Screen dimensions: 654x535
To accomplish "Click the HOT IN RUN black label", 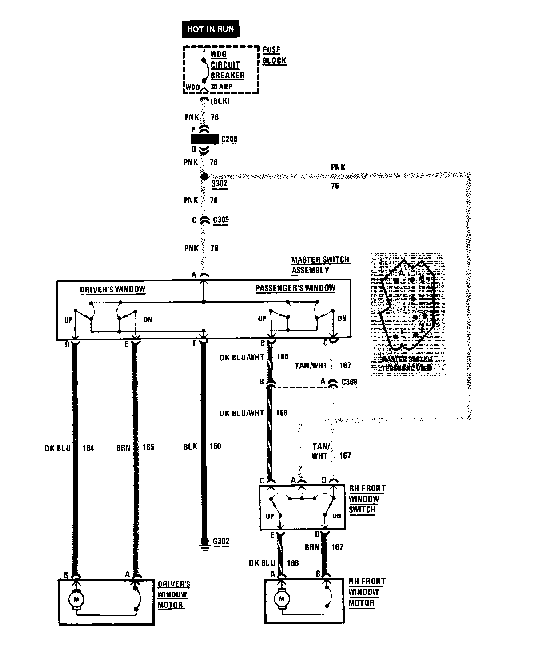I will pyautogui.click(x=210, y=29).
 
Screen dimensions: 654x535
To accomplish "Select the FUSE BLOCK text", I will pyautogui.click(x=274, y=56).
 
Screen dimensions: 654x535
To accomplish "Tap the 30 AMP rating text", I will pyautogui.click(x=221, y=87).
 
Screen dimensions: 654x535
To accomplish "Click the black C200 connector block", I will pyautogui.click(x=205, y=139).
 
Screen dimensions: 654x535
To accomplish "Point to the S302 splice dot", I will pyautogui.click(x=204, y=176).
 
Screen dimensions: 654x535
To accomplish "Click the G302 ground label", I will pyautogui.click(x=221, y=541).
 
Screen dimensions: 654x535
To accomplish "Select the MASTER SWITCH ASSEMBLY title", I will pyautogui.click(x=320, y=265).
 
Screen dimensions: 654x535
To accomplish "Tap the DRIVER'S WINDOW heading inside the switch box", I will pyautogui.click(x=112, y=289).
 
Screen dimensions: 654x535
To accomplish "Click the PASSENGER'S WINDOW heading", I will pyautogui.click(x=295, y=288).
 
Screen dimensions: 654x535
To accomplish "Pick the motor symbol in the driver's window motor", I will pyautogui.click(x=76, y=600).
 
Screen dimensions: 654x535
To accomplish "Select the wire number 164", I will pyautogui.click(x=88, y=448).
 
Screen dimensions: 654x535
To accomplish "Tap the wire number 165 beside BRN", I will pyautogui.click(x=148, y=447).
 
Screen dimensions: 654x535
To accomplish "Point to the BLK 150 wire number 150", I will pyautogui.click(x=215, y=447).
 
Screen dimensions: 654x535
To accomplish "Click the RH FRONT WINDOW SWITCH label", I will pyautogui.click(x=367, y=498).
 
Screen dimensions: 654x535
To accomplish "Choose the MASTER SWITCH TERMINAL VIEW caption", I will pyautogui.click(x=408, y=364).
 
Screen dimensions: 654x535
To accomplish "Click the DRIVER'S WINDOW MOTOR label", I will pyautogui.click(x=174, y=594).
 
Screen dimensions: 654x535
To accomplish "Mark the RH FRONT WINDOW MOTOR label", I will pyautogui.click(x=367, y=592).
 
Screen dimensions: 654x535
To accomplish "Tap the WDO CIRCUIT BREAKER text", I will pyautogui.click(x=227, y=65).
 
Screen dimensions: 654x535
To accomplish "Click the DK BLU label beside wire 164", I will pyautogui.click(x=57, y=448).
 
